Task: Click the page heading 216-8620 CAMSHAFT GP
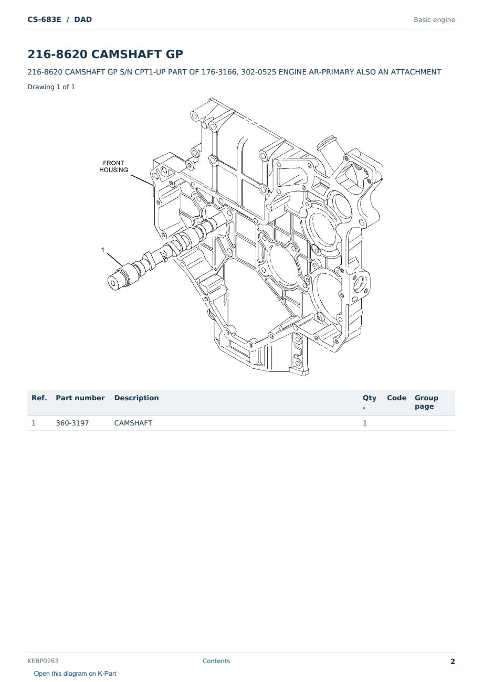[x=105, y=54]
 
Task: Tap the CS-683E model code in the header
[x=44, y=19]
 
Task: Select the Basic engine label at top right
[x=434, y=20]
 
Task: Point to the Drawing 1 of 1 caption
[x=51, y=87]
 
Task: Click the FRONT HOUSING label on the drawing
[x=113, y=166]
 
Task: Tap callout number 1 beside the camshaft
[x=103, y=250]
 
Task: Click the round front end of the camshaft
[x=113, y=283]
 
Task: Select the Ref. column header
[x=39, y=398]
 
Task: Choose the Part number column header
[x=80, y=398]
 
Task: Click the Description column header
[x=136, y=398]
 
